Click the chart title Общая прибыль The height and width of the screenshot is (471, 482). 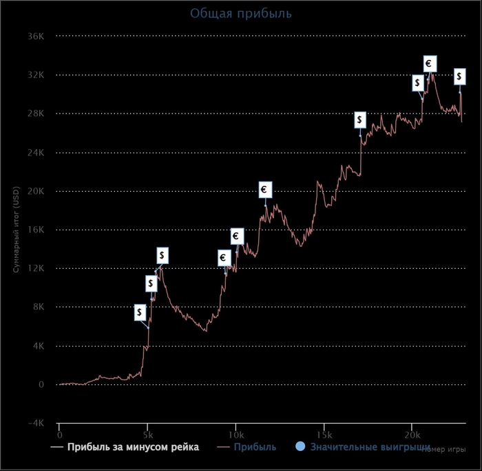(x=241, y=13)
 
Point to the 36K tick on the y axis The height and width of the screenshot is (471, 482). (x=36, y=36)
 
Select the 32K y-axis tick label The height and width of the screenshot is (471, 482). (x=36, y=75)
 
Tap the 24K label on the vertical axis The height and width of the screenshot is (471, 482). (x=36, y=153)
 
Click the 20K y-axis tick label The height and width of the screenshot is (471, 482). (x=36, y=191)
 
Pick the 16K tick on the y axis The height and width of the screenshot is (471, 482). (x=36, y=230)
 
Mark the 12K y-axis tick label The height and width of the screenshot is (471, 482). (x=36, y=269)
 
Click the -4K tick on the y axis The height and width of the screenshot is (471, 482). (x=36, y=424)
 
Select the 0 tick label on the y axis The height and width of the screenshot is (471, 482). (x=41, y=385)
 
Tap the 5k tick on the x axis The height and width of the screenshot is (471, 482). (x=147, y=436)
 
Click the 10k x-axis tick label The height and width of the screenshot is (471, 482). (x=235, y=436)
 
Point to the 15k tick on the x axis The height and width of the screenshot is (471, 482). (x=324, y=436)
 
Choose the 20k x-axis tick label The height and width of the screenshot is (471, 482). (x=412, y=436)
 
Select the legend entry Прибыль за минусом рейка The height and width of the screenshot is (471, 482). (x=133, y=448)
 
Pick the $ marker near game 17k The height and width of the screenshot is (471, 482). (x=360, y=120)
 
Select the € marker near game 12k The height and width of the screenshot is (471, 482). (x=265, y=190)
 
